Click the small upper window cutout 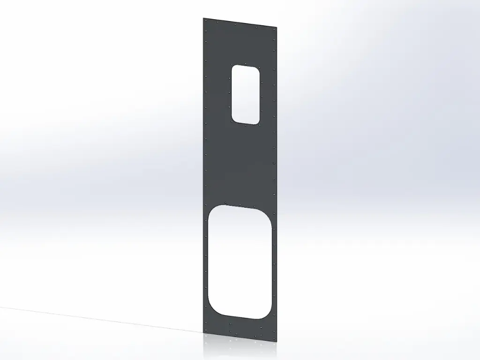[x=246, y=94]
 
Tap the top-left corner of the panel [x=203, y=18]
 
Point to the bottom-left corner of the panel [x=204, y=333]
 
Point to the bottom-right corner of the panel [x=277, y=341]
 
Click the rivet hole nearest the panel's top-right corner [x=275, y=30]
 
